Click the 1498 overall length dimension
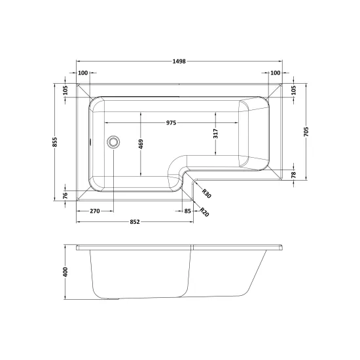point(179,62)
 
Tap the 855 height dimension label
point(54,142)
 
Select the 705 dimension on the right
point(306,132)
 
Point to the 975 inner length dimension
point(171,123)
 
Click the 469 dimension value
point(141,144)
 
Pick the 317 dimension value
point(215,134)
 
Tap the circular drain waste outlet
point(113,142)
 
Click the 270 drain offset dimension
point(95,211)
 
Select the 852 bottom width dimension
point(135,222)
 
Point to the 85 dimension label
point(188,211)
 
